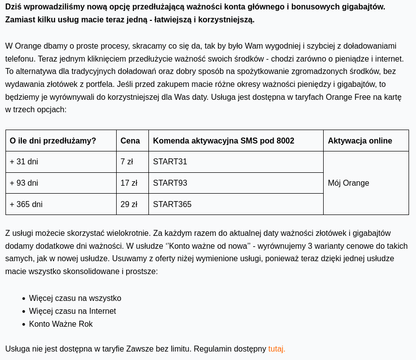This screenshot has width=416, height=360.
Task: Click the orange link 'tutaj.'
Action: click(x=277, y=349)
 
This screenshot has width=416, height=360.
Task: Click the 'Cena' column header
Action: click(x=130, y=141)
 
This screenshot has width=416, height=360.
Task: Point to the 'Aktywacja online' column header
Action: click(x=360, y=141)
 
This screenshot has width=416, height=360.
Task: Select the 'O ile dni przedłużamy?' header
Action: click(x=53, y=141)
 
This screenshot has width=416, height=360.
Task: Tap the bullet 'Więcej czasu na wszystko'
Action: click(x=75, y=298)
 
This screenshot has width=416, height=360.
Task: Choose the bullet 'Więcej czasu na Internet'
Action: click(x=72, y=311)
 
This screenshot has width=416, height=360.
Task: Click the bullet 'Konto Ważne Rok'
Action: click(x=61, y=324)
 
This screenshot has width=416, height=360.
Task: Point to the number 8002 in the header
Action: click(x=285, y=141)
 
